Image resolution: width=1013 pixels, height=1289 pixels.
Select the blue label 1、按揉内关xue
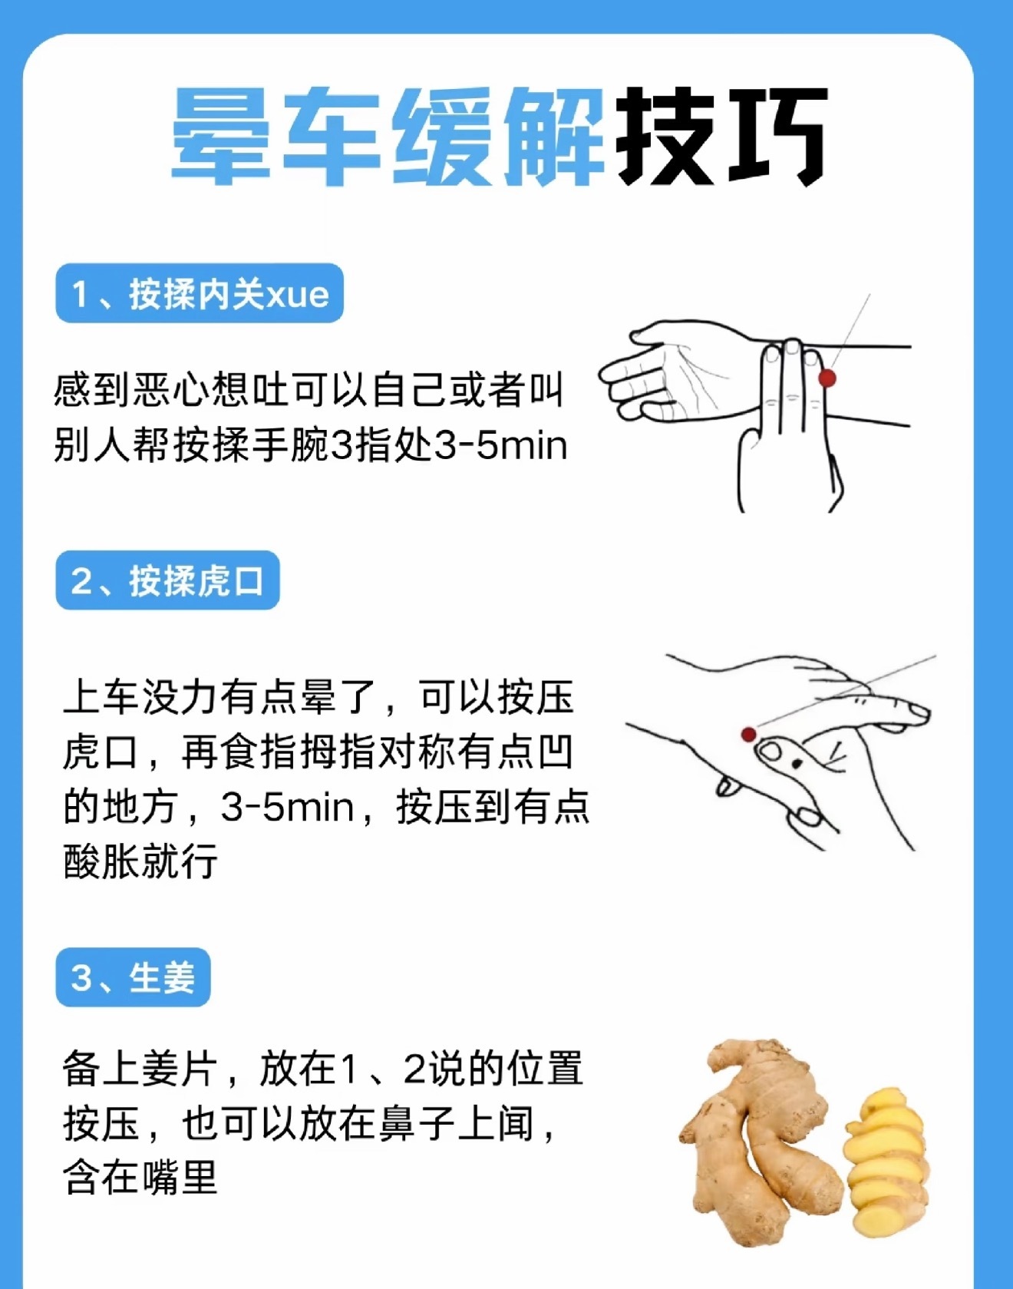(200, 294)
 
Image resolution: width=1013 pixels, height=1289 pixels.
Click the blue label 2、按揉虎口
(167, 581)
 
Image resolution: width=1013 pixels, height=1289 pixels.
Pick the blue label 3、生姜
(133, 978)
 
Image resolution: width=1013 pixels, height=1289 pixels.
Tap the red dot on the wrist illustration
(827, 378)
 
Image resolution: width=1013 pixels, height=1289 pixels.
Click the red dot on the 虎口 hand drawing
(748, 735)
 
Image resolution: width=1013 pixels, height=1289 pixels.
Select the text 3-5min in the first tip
(500, 446)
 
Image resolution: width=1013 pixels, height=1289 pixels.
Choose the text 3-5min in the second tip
(287, 808)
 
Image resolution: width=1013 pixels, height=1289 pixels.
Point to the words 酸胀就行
(140, 861)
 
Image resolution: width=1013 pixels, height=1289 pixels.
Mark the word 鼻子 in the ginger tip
(417, 1124)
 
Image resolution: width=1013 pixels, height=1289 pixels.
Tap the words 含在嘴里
(140, 1178)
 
